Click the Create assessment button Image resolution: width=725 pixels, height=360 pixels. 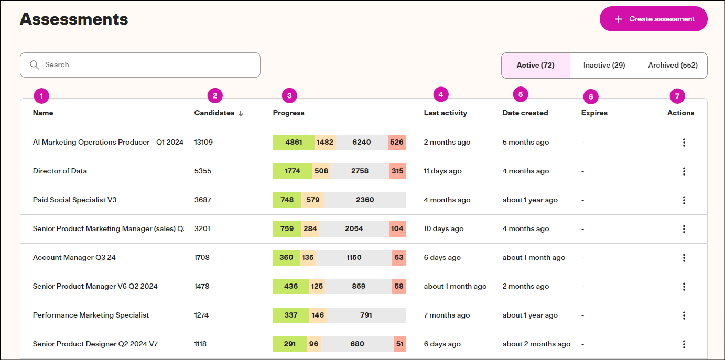[653, 19]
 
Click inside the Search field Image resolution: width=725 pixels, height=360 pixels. [140, 65]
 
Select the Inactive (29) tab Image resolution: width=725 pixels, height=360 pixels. [604, 66]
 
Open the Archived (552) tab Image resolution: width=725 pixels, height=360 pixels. [673, 66]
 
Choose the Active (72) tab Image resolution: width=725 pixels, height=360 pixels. [535, 66]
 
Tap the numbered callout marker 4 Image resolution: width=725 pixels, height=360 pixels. [441, 95]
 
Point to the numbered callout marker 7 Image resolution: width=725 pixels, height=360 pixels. [677, 96]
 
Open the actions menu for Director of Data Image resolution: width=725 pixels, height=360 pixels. [684, 171]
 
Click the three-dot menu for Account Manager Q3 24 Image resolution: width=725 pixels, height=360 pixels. [684, 258]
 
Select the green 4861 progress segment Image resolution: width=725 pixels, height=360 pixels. [294, 143]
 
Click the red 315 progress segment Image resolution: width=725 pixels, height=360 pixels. [397, 171]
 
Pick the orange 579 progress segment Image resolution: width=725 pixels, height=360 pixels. [313, 200]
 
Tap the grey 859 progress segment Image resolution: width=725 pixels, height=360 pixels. [359, 287]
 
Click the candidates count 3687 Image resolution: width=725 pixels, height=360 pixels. [202, 200]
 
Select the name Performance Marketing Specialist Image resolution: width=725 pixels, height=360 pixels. [91, 315]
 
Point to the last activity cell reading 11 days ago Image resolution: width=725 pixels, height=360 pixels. [442, 171]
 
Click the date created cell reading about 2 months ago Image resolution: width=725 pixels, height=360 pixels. [536, 344]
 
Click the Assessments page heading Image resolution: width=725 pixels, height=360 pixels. [74, 19]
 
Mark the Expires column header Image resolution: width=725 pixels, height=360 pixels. [594, 113]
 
